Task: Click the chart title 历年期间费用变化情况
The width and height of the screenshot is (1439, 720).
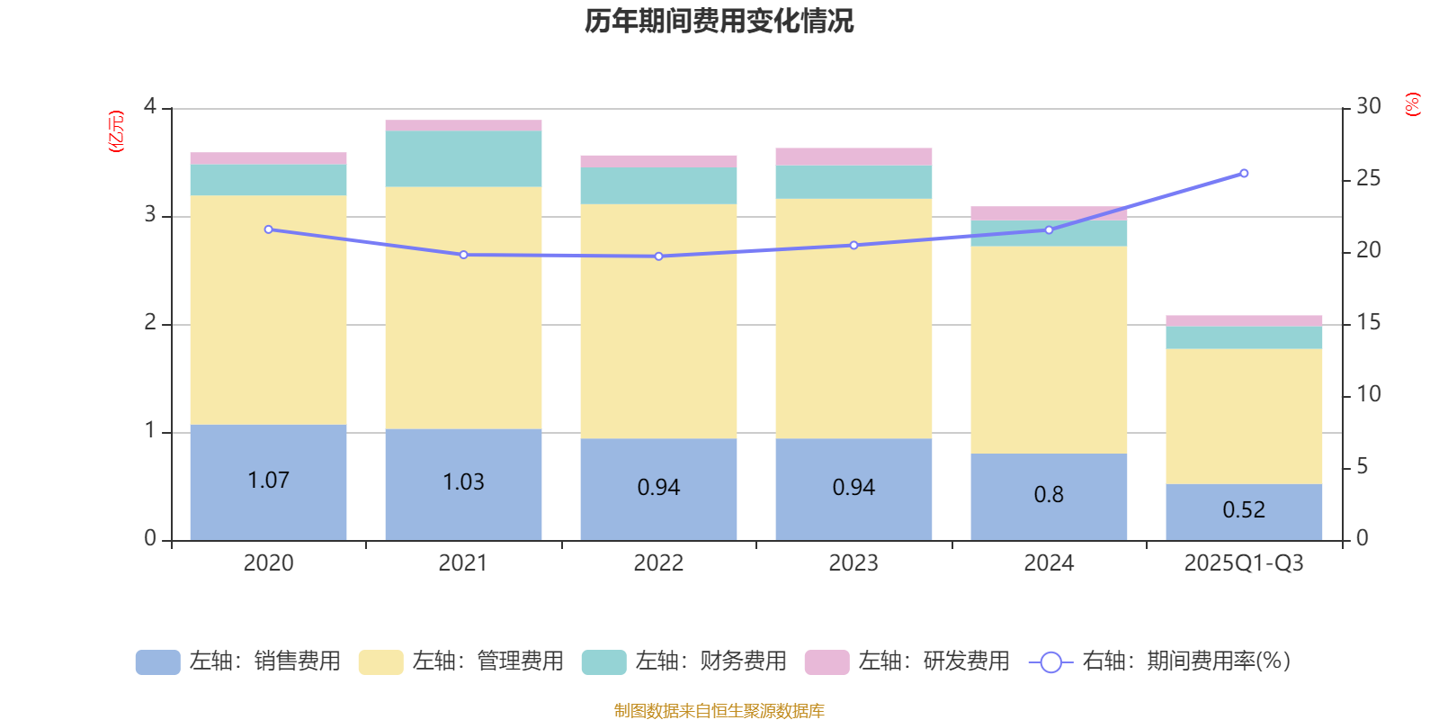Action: pos(719,21)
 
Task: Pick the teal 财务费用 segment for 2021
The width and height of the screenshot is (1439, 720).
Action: pos(463,159)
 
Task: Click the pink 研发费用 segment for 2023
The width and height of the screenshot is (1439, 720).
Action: pos(854,157)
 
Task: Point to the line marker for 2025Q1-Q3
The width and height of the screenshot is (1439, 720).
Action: pos(1244,173)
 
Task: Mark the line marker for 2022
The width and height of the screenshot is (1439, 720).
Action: pos(658,256)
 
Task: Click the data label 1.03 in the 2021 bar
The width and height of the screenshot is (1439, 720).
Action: pos(463,482)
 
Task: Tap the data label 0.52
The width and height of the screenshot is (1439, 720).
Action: pos(1244,510)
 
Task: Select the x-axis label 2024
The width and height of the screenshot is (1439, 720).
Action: pos(1049,563)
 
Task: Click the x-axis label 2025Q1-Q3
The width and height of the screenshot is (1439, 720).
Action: pos(1244,563)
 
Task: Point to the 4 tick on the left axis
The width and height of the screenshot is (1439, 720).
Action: pos(150,107)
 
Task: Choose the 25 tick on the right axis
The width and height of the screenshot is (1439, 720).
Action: pos(1368,179)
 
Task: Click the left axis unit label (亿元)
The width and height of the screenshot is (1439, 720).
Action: pos(116,131)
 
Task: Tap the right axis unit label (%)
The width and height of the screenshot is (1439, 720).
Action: pos(1413,104)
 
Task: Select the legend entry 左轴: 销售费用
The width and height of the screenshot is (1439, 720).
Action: pos(238,661)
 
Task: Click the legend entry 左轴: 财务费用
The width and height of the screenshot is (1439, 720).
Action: pos(684,661)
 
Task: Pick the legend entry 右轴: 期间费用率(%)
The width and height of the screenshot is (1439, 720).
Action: pos(1160,661)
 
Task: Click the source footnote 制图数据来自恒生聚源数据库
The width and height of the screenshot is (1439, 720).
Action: pos(719,711)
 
